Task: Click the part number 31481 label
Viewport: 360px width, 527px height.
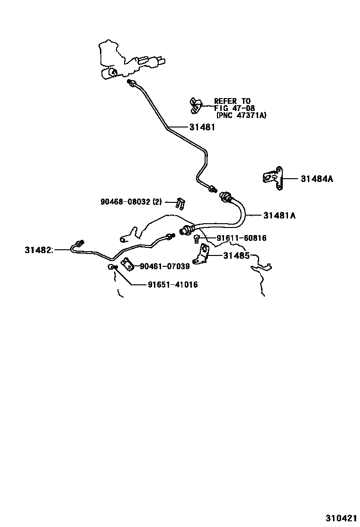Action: tap(202, 127)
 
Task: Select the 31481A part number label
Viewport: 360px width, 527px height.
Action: tap(279, 216)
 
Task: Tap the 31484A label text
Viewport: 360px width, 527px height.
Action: tap(317, 179)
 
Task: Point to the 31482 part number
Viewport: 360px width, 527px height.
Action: tap(38, 250)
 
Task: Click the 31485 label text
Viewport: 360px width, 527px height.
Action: tap(236, 256)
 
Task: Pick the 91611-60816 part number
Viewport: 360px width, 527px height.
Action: tap(242, 238)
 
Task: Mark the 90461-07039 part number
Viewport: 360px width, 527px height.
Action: tap(164, 266)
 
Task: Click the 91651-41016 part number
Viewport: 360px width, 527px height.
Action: tap(173, 285)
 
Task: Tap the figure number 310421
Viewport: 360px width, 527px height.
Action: tap(340, 518)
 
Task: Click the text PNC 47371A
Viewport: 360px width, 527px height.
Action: tap(242, 115)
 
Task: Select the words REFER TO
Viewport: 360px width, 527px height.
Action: tap(233, 101)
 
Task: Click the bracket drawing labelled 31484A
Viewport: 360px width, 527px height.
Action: tap(272, 178)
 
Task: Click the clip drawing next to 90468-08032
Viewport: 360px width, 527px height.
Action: tap(181, 203)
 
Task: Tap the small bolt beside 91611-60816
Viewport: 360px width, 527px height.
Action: tap(197, 239)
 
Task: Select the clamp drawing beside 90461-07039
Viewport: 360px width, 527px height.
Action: tap(128, 263)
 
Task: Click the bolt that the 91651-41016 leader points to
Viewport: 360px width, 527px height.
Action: tap(112, 267)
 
